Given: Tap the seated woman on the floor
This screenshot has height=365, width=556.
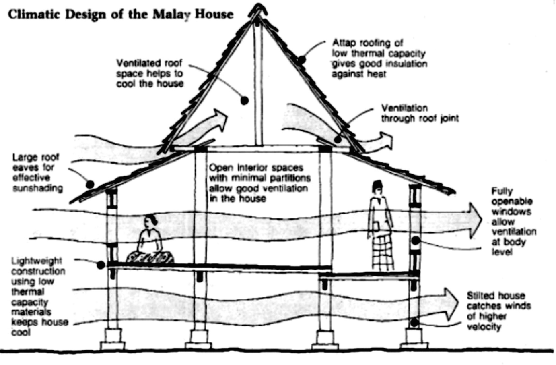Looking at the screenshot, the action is coord(150,242).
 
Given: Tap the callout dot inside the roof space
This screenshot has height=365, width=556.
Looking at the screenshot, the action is coord(244,100).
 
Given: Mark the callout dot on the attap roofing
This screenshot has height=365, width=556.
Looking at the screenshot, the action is coord(301,60).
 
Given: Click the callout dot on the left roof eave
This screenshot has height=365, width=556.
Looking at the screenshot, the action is coord(90,185).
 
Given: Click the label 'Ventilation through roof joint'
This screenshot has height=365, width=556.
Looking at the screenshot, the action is coord(420,113).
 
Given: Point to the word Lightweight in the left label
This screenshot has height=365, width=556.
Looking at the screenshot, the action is coord(36,261).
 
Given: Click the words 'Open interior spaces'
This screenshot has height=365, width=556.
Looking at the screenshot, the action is coord(256,168).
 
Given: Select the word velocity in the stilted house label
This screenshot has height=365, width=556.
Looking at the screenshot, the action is coord(484,326).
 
